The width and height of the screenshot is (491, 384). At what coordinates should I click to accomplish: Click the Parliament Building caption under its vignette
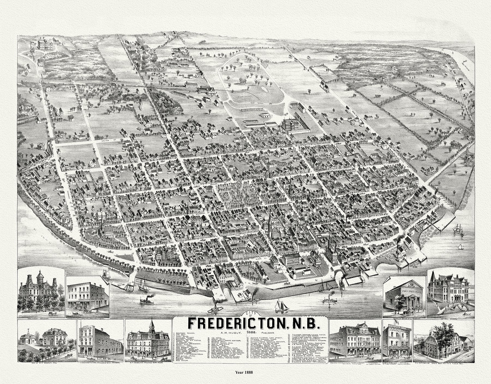[38, 318]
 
